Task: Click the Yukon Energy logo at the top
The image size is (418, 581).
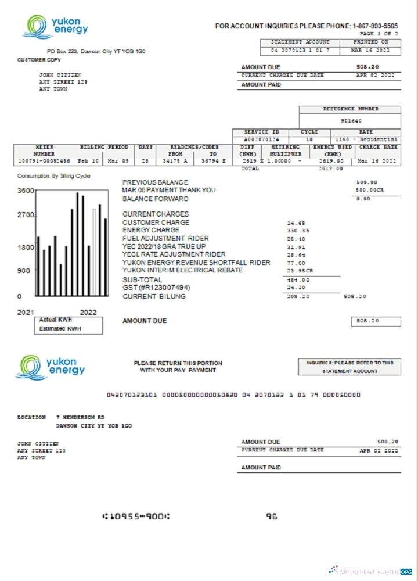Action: click(x=55, y=27)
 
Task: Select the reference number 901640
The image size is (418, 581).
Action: click(x=351, y=121)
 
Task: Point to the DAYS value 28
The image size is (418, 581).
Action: click(x=145, y=161)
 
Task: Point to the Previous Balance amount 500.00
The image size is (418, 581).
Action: click(x=366, y=182)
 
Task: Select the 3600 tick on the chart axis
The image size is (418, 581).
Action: click(x=26, y=191)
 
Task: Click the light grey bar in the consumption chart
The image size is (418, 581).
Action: click(x=94, y=252)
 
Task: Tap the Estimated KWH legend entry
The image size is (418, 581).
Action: click(x=60, y=329)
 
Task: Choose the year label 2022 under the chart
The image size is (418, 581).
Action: click(x=88, y=313)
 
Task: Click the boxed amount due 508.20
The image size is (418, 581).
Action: click(x=376, y=321)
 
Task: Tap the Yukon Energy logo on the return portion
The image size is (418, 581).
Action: click(x=51, y=368)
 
